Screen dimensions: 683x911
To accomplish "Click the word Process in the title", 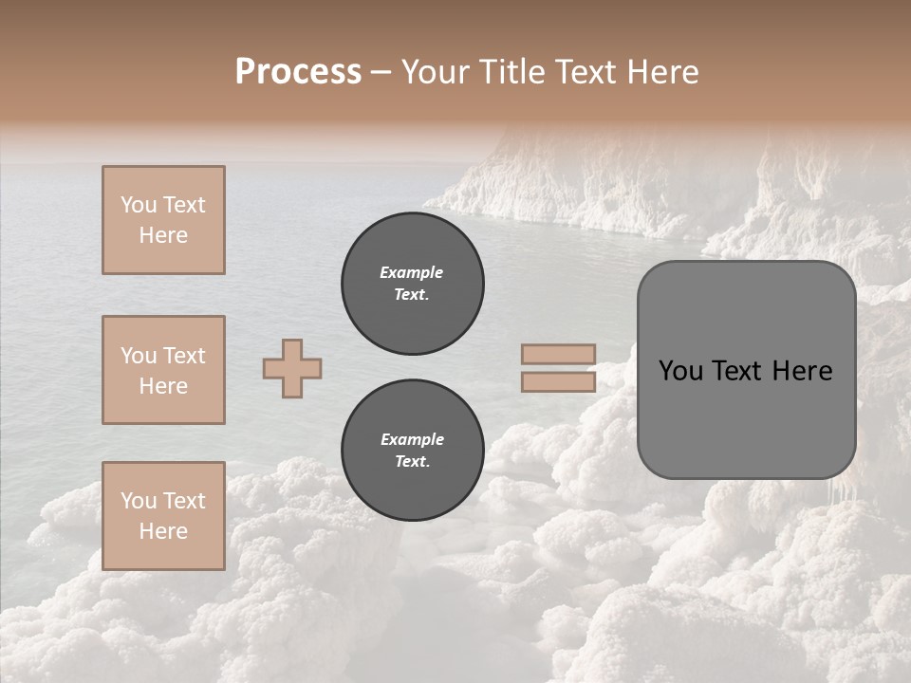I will coord(298,72).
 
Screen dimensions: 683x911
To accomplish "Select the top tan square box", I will coord(163,220).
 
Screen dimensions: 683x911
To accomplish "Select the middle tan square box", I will coord(163,370).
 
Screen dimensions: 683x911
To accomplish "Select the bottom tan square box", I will coord(163,516).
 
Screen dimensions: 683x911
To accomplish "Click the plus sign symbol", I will coord(292,368).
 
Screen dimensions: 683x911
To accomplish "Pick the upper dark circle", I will coord(412,284).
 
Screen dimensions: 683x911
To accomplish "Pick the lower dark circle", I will coord(412,451).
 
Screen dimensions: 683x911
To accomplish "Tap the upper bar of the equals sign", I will coord(559,355).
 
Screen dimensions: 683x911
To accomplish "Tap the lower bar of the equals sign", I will coord(559,381).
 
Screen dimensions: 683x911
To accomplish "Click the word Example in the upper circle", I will coord(412,272).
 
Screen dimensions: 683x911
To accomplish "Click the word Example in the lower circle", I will coord(412,439).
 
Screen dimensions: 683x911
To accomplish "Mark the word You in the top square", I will coord(139,205).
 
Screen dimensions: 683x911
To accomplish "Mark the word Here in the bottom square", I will coord(163,531).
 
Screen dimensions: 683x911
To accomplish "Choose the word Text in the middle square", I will coord(184,356).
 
